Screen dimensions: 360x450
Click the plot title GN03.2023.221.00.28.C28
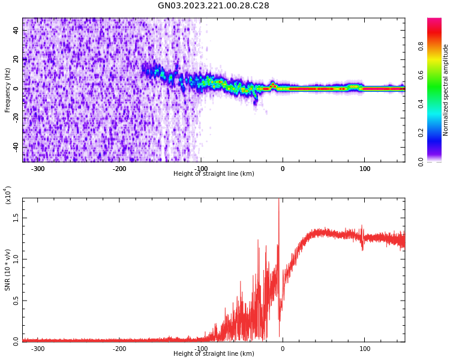coord(214,6)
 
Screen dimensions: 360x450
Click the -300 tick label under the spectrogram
coord(37,169)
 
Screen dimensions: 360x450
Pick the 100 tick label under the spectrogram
coord(364,169)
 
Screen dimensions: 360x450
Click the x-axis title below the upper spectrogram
coord(214,174)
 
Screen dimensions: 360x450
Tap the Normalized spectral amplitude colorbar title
coord(446,90)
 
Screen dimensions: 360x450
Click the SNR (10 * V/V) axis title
coord(8,270)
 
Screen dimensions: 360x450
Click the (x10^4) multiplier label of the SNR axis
coord(8,196)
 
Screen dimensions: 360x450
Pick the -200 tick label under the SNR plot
coord(119,349)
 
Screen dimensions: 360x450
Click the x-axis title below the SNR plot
coord(214,354)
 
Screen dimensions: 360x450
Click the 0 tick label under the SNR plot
coord(283,349)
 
